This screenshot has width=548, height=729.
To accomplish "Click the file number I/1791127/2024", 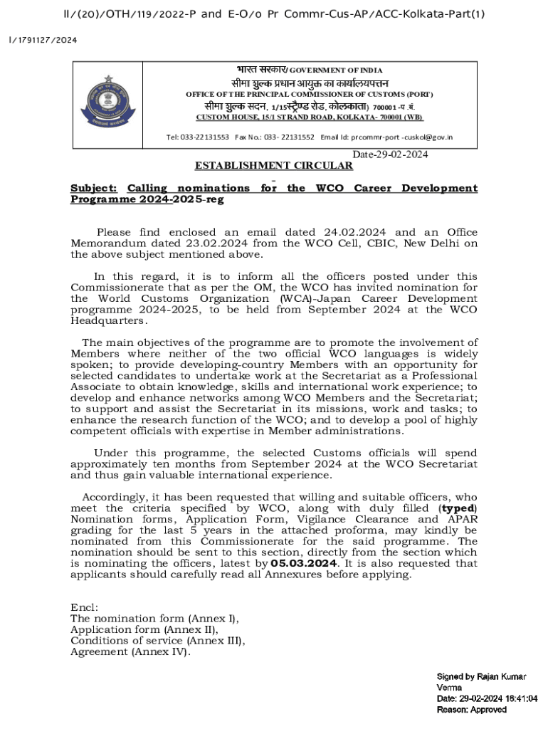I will click(43, 40).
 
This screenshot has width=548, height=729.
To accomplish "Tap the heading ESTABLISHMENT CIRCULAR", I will click(274, 166).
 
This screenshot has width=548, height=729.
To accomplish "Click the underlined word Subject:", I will click(93, 189).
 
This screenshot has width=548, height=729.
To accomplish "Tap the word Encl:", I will click(85, 608).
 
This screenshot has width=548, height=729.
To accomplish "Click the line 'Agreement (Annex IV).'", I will click(130, 651).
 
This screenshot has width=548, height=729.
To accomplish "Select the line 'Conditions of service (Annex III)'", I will click(157, 641).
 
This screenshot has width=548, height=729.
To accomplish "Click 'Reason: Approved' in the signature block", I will click(471, 710).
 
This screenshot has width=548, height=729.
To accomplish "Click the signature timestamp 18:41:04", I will click(518, 699).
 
